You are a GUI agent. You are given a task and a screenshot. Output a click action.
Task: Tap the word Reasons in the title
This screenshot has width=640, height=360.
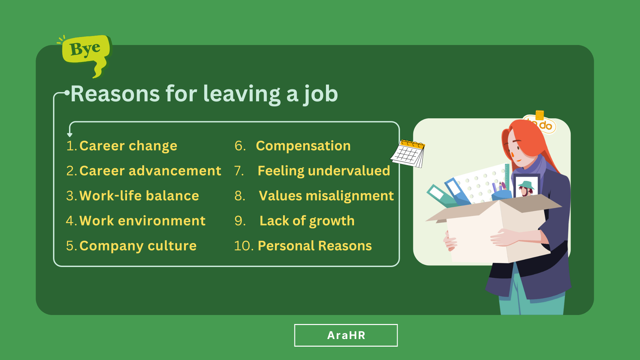[x=115, y=94]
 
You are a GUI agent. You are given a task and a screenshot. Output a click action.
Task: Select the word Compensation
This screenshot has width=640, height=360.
[x=303, y=146]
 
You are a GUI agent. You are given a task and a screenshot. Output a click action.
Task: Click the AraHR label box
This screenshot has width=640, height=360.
[x=346, y=335]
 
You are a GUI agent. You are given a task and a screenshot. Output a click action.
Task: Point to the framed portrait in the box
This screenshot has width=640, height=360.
[x=526, y=187]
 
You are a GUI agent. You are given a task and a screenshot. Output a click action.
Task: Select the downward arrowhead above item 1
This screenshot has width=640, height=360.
[x=70, y=135]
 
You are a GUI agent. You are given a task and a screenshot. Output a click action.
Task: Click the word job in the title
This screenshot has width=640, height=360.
[x=321, y=94]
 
